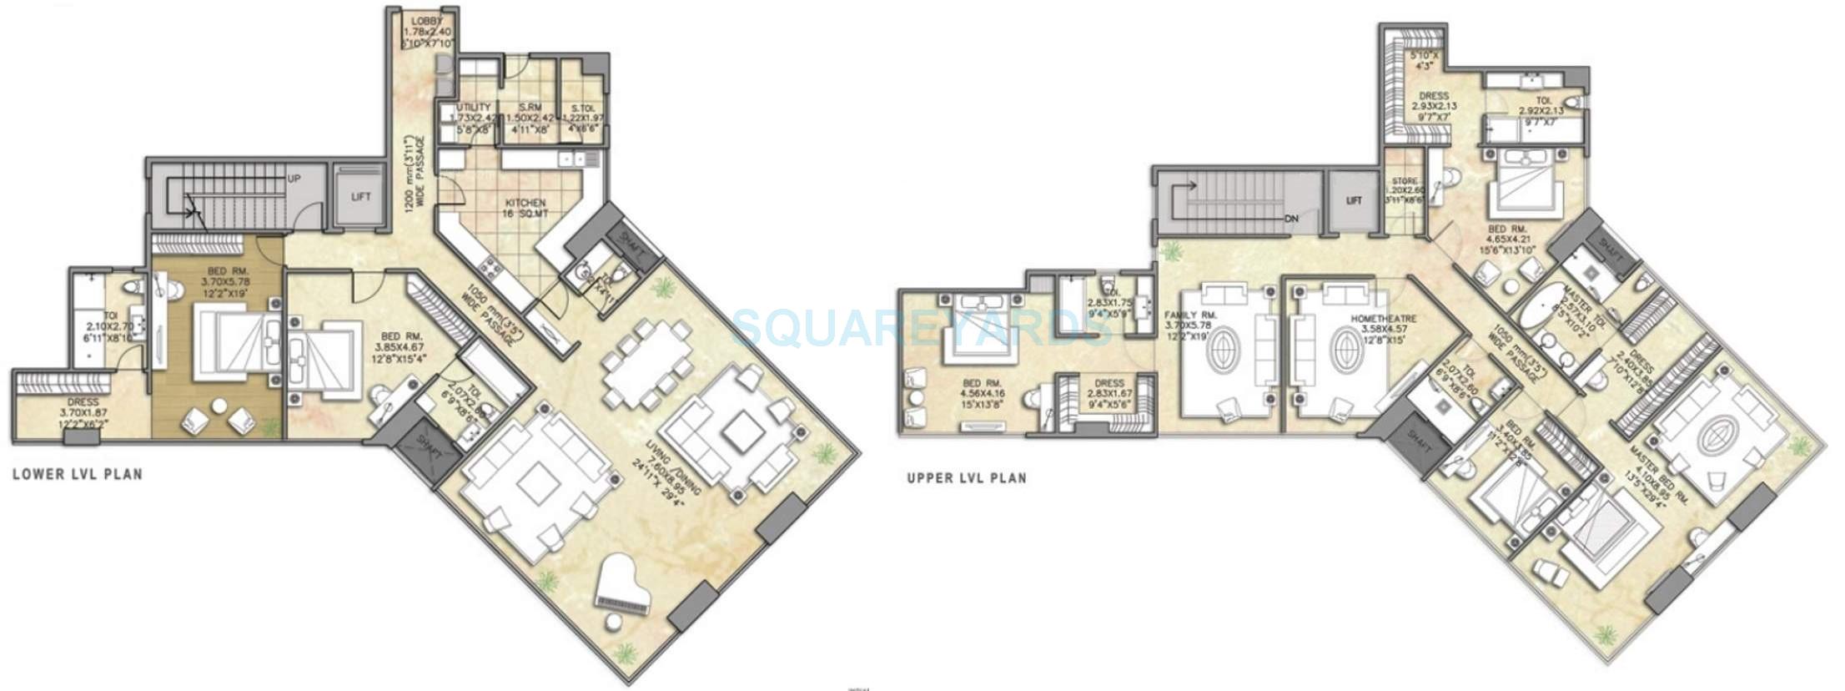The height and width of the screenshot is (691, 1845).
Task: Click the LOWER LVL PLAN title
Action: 78,474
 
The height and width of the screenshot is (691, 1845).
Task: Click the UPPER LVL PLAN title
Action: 967,478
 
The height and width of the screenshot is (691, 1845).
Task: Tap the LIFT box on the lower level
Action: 360,197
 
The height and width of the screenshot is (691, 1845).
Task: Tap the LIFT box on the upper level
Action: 1354,200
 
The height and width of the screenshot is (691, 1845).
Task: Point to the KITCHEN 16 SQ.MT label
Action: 525,208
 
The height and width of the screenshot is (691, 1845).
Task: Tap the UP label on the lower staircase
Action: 294,179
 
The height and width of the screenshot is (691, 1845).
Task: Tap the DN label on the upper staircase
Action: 1292,219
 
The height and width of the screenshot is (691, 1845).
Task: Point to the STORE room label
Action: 1404,181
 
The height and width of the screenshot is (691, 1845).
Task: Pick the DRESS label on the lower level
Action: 83,402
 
